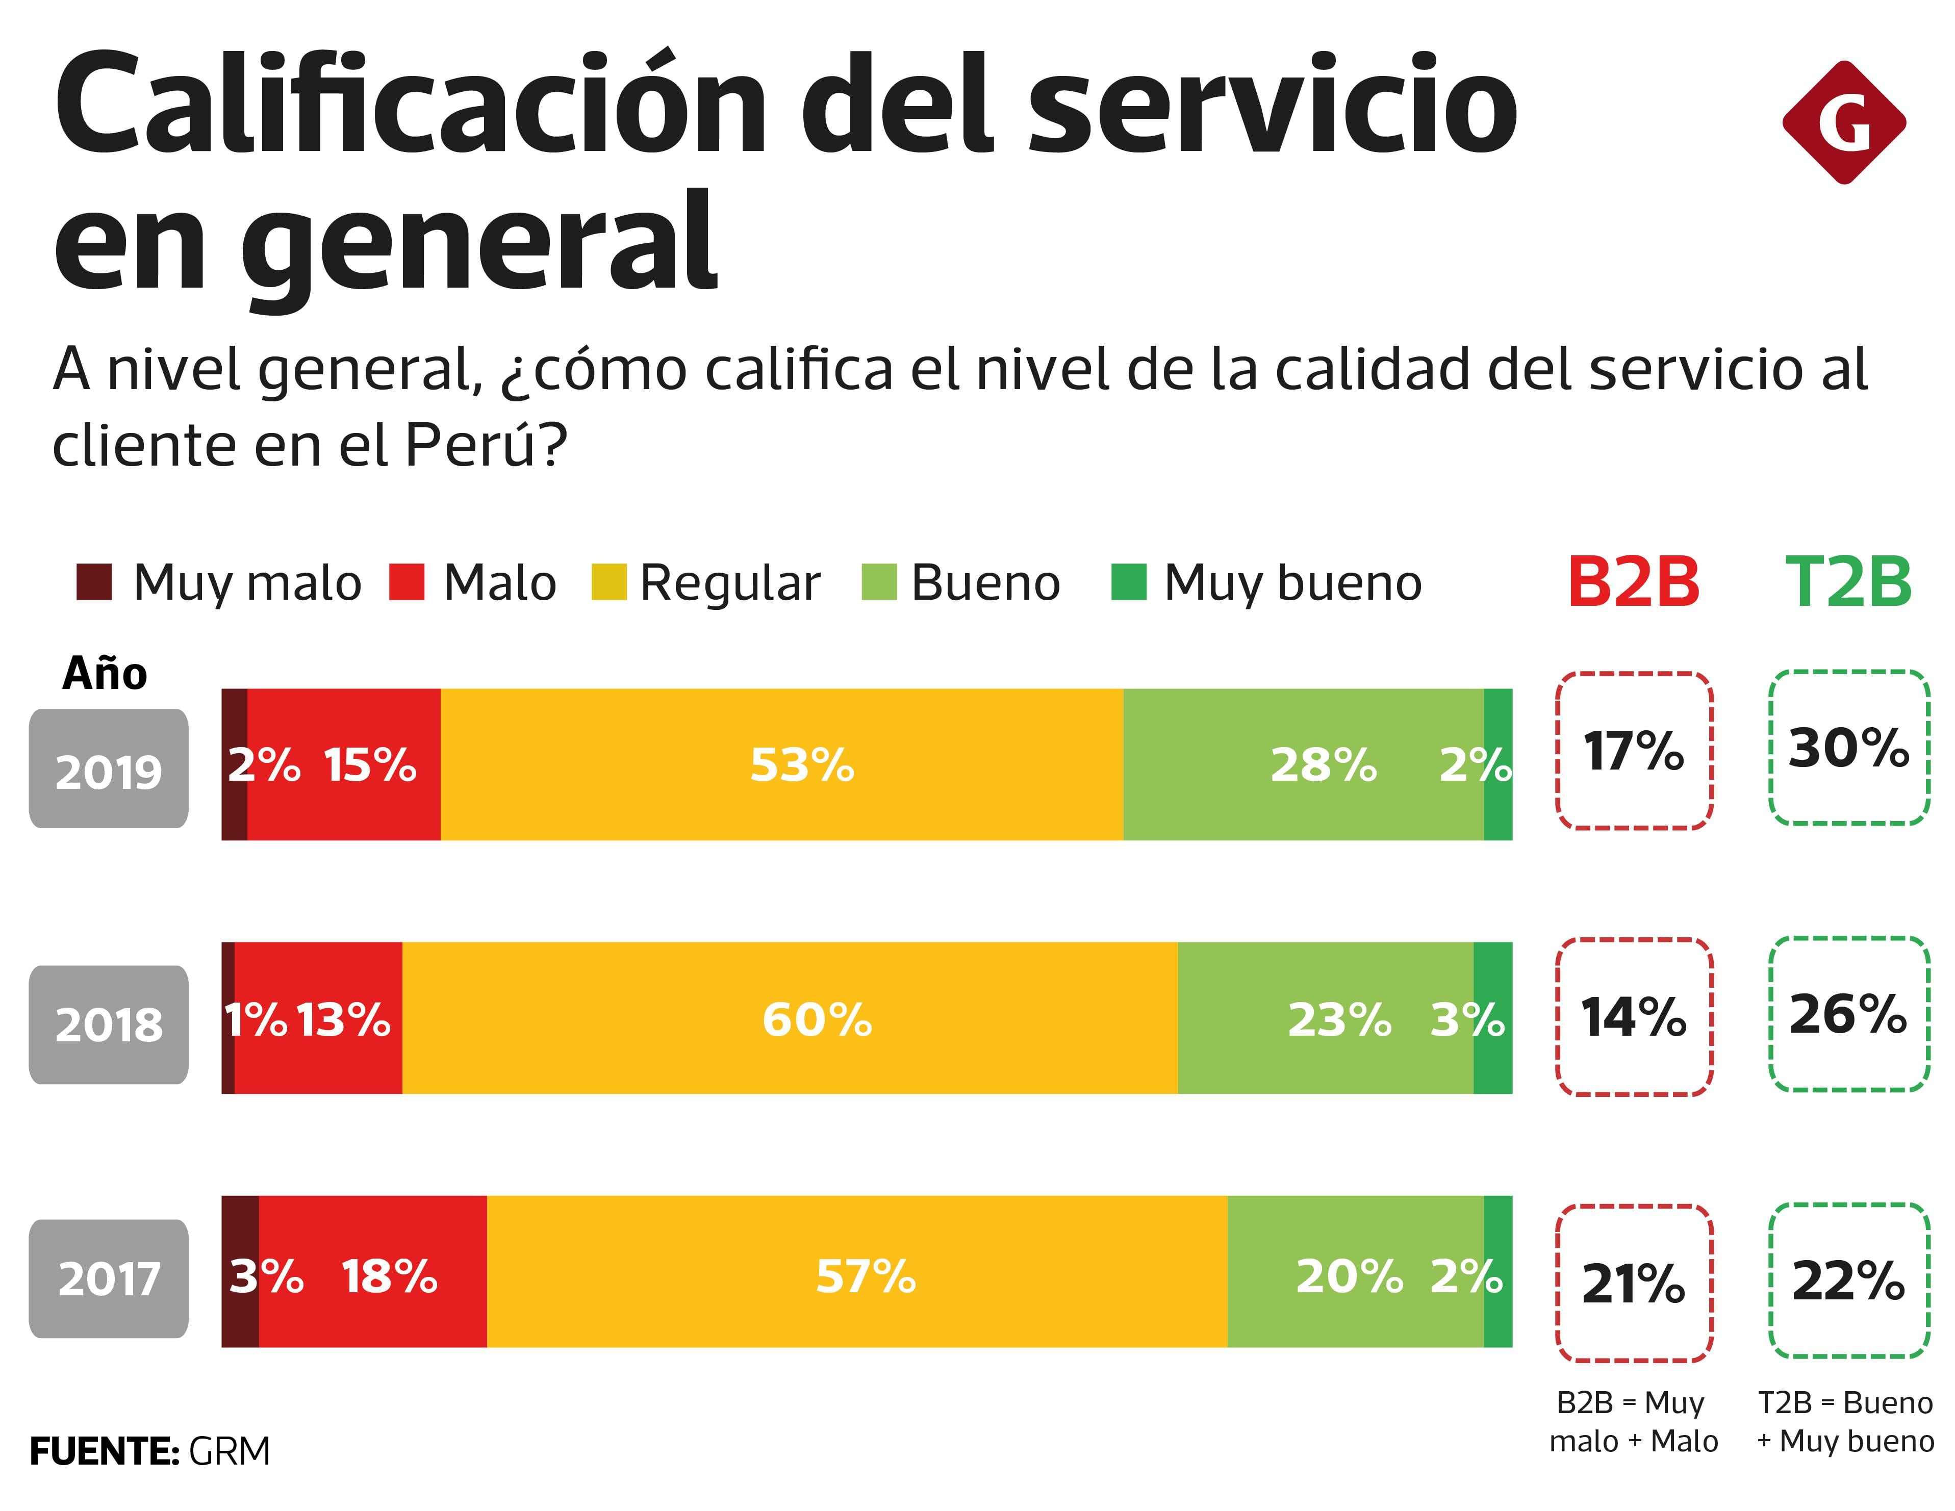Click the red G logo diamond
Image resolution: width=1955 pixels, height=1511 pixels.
(x=1843, y=122)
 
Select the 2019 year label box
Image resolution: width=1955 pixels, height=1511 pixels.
(x=108, y=769)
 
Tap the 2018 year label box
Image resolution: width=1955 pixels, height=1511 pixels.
(x=108, y=1024)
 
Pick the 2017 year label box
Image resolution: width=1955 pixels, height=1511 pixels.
(x=108, y=1278)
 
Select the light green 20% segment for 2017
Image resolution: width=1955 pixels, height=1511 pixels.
(x=1354, y=1271)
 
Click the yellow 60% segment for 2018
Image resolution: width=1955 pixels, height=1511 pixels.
(x=790, y=1018)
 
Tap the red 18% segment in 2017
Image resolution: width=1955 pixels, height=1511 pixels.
(x=372, y=1271)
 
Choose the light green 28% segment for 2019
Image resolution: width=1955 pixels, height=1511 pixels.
(x=1303, y=764)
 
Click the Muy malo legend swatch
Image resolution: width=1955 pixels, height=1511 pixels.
(x=94, y=582)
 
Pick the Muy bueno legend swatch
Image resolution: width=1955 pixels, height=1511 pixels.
(x=1128, y=582)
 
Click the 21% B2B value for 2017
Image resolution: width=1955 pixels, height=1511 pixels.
(x=1634, y=1283)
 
